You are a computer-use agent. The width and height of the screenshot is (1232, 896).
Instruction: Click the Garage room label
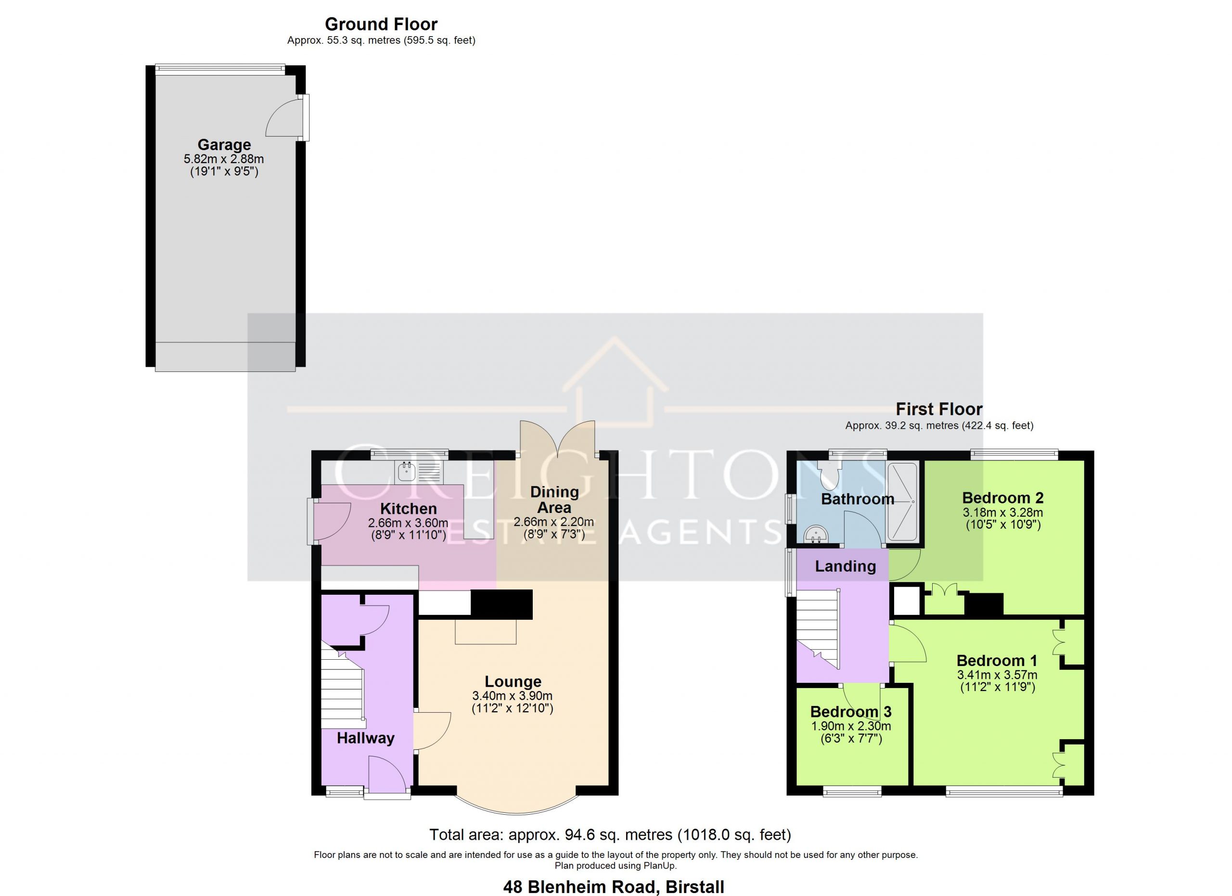click(224, 144)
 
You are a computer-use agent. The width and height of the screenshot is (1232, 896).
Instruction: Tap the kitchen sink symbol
click(421, 472)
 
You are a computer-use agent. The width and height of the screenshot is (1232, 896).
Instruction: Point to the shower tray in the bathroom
click(902, 502)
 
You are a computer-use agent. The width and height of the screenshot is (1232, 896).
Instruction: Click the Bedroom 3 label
click(851, 711)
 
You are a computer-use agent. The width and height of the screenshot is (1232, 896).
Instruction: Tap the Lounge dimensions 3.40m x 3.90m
click(512, 696)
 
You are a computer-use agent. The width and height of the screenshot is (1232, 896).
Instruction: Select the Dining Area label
click(554, 499)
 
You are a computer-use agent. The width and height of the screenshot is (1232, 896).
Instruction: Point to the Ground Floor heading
click(381, 24)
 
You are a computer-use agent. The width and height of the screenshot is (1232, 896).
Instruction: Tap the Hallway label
click(366, 738)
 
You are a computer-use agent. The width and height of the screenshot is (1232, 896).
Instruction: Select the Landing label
click(845, 566)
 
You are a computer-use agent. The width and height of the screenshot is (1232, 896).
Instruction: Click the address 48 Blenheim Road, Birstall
click(614, 887)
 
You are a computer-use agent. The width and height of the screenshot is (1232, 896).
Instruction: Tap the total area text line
click(610, 834)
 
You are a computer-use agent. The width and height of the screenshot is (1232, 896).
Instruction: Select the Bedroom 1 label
click(997, 660)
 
